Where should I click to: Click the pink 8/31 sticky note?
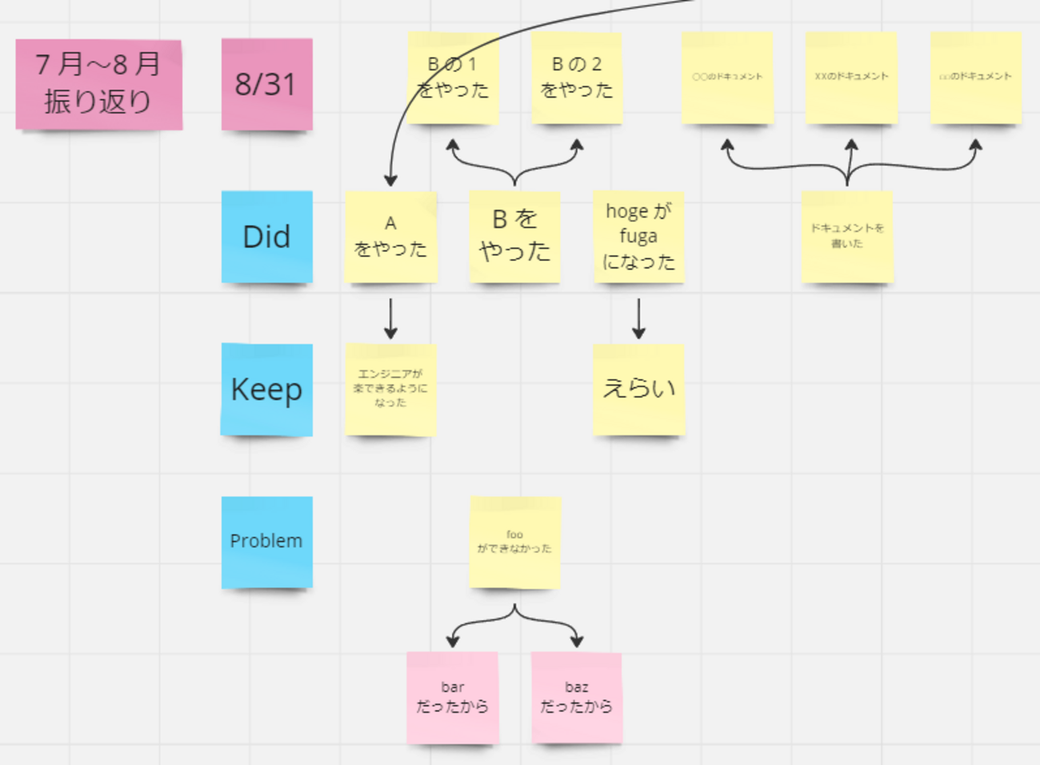[266, 84]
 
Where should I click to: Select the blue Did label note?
[266, 237]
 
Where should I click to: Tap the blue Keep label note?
[266, 390]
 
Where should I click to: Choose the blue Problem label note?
[266, 542]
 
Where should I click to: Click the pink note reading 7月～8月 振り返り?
[98, 84]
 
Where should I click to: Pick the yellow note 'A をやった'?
[390, 237]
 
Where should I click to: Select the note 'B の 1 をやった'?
[453, 78]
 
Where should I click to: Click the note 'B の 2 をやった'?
[577, 78]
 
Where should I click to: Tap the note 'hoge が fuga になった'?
[638, 237]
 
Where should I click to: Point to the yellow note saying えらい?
[638, 390]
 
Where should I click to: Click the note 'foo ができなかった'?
[514, 542]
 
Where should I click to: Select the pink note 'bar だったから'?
[453, 698]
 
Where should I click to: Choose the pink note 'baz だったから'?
[577, 698]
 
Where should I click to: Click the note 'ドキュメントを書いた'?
[847, 237]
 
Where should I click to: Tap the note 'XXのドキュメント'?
[851, 78]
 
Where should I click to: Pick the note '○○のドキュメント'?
[727, 78]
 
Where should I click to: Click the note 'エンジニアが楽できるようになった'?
[390, 390]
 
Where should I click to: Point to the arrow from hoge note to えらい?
[638, 318]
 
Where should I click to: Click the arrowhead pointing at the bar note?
[453, 640]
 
